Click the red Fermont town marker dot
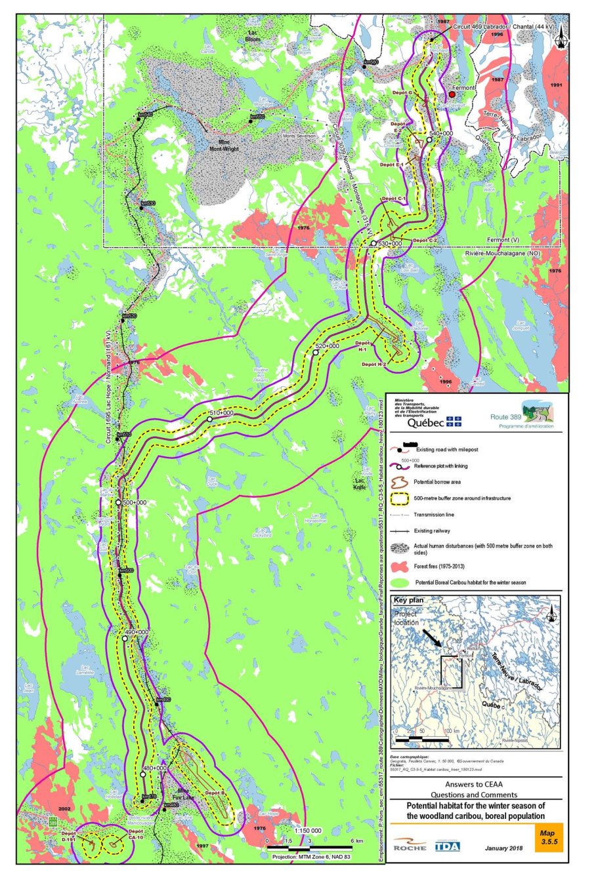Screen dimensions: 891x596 (452, 94)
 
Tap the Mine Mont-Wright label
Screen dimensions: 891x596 (224, 146)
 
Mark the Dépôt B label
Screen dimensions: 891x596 (215, 793)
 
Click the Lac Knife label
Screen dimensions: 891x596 (359, 485)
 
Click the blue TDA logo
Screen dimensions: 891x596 (447, 846)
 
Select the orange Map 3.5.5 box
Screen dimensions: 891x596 (548, 838)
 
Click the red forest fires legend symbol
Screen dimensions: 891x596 (400, 566)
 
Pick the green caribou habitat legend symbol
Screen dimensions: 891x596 (400, 582)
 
